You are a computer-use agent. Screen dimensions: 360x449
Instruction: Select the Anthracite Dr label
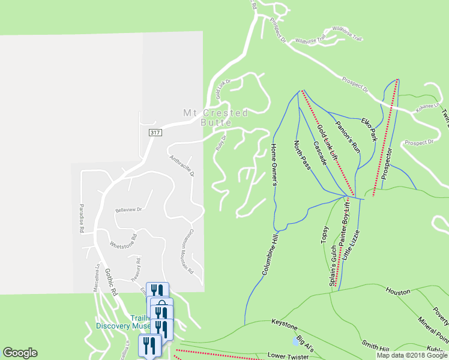click(x=182, y=166)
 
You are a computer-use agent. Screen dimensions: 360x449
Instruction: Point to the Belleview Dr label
click(x=128, y=209)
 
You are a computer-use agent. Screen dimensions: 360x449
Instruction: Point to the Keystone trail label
click(x=284, y=325)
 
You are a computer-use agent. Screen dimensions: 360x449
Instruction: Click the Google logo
click(x=20, y=353)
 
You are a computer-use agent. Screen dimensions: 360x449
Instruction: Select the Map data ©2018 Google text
click(x=411, y=355)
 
